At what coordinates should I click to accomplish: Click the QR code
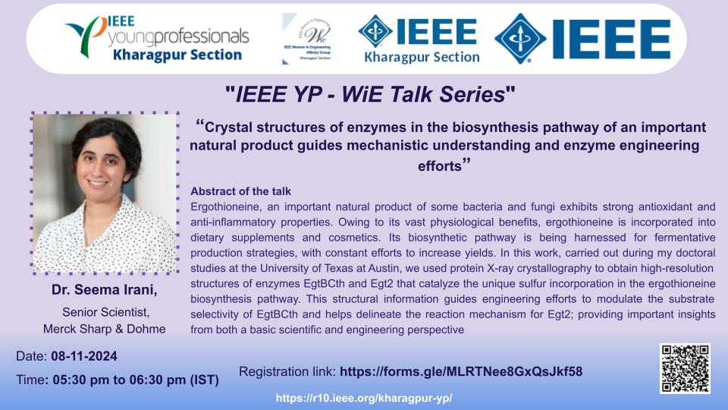point(686,369)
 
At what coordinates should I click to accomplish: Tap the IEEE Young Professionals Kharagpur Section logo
point(158,38)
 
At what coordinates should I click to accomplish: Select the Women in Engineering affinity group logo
point(307,39)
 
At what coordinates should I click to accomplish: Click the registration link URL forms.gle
point(461,371)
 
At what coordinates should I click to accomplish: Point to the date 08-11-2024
point(84,356)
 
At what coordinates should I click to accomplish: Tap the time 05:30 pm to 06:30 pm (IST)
point(136,380)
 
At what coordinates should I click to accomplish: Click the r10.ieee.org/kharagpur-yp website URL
point(364,399)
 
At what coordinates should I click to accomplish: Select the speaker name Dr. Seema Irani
point(105,289)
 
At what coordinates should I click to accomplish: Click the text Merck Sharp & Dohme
point(105,329)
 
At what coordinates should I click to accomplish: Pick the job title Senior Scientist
point(106,312)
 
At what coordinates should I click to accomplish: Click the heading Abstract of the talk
point(240,191)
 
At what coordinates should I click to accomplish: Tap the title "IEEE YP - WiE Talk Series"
point(370,94)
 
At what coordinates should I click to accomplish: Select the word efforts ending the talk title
point(440,166)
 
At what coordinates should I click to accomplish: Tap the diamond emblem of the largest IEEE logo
point(520,38)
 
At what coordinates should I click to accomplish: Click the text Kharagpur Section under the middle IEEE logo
point(422,57)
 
